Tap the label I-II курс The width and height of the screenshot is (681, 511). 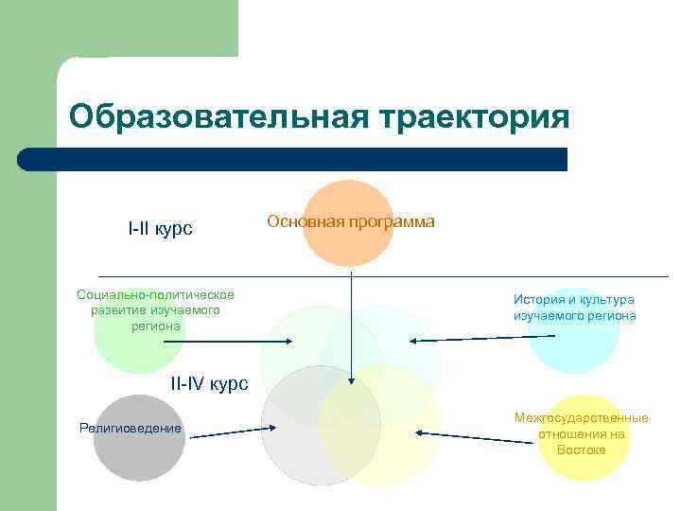pyautogui.click(x=160, y=228)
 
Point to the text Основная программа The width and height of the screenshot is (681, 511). pyautogui.click(x=351, y=221)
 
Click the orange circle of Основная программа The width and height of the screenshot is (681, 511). pyautogui.click(x=348, y=246)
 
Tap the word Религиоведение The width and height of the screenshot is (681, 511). pyautogui.click(x=130, y=429)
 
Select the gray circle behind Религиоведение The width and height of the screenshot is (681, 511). pyautogui.click(x=137, y=454)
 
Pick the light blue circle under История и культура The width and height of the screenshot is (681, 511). pyautogui.click(x=573, y=345)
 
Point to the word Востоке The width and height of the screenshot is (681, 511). pyautogui.click(x=582, y=449)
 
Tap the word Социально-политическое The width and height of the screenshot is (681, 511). pyautogui.click(x=155, y=294)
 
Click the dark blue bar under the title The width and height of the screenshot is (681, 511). pyautogui.click(x=293, y=159)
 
